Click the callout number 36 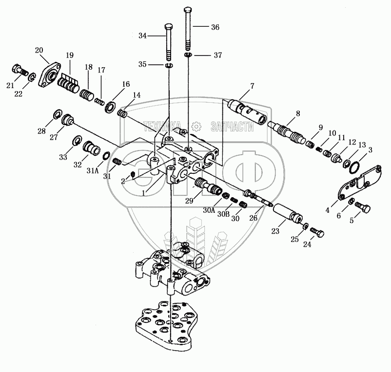point(215,28)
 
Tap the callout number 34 point(142,36)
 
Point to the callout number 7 point(252,87)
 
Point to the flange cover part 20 point(49,76)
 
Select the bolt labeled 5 point(363,209)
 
